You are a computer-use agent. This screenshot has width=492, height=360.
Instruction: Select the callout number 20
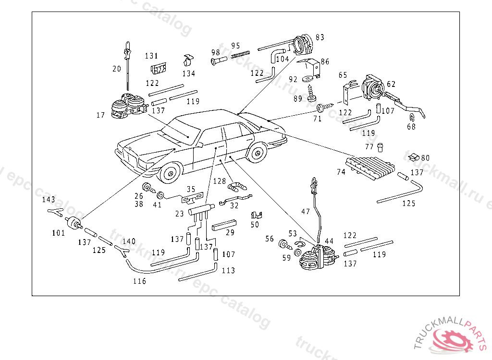coord(117,69)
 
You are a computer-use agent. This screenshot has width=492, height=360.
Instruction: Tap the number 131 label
coord(152,56)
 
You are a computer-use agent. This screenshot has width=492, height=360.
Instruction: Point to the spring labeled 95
coord(242,54)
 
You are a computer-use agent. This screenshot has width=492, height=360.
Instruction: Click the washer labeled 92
coord(308,79)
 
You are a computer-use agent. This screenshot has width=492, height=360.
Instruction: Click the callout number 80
coord(426,158)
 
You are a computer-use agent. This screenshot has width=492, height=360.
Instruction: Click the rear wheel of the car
coord(257,153)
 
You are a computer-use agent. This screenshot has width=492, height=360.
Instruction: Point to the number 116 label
coord(139,281)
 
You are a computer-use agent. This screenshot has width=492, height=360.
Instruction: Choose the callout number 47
coord(306,211)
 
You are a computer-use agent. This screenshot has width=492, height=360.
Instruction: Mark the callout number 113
coord(228,270)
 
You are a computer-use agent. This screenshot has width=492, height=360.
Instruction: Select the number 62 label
coord(391,84)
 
